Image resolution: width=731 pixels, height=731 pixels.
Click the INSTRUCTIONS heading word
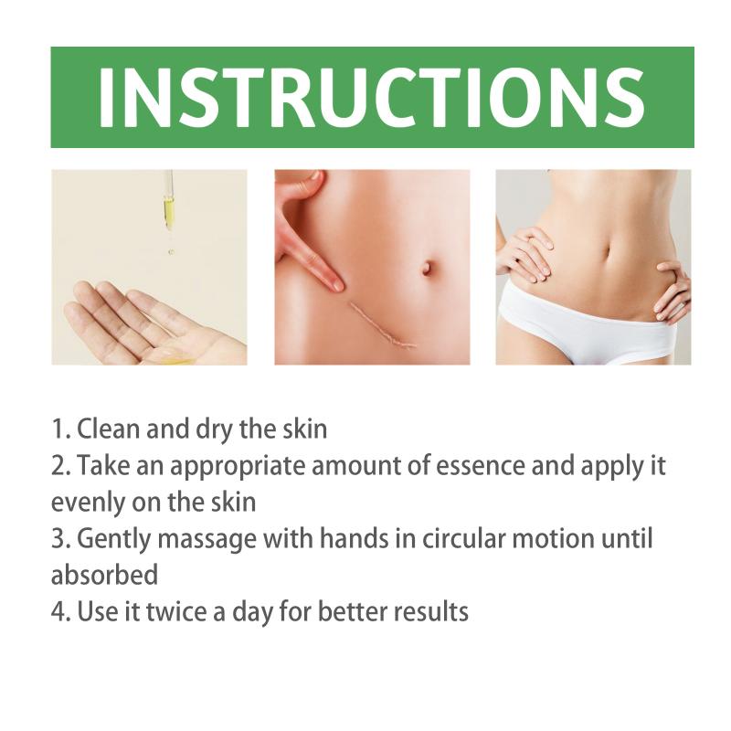pos(372,97)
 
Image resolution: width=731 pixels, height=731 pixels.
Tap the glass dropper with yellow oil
pos(169,199)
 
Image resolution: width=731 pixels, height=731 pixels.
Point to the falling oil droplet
pos(171,252)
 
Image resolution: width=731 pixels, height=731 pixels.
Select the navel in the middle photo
pos(427,268)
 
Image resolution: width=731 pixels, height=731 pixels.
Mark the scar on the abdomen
pos(383,325)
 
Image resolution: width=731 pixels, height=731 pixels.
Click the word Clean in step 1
pos(109,429)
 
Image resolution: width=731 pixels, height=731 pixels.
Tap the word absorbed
pos(104,575)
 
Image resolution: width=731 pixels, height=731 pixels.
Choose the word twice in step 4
pos(176,611)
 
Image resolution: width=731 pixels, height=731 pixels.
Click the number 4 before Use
pos(57,611)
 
